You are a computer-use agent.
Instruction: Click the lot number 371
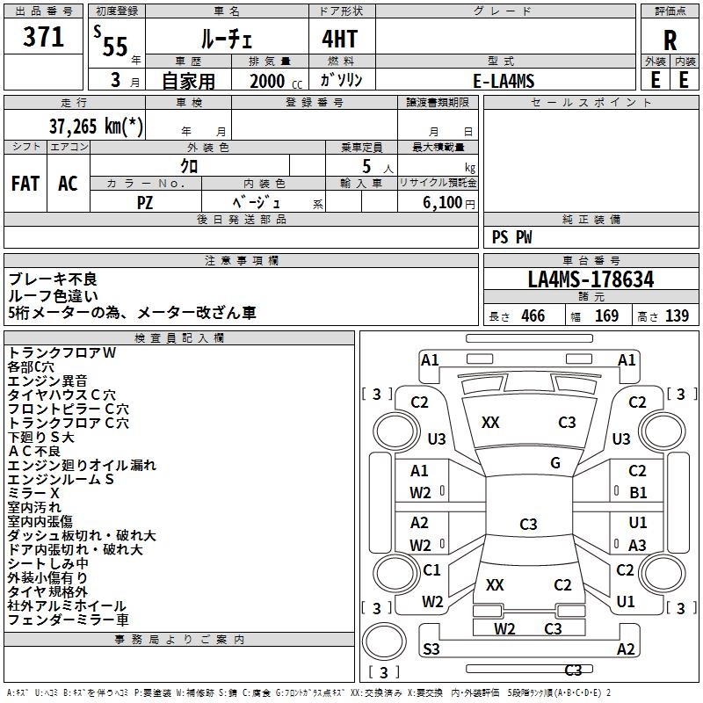(43, 36)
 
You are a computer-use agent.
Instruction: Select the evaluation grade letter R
(670, 40)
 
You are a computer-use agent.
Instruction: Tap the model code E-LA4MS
(504, 81)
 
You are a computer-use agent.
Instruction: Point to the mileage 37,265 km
(96, 126)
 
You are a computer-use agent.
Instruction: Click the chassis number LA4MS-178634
(591, 279)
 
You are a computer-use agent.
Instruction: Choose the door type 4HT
(340, 39)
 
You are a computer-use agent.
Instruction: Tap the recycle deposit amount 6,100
(443, 203)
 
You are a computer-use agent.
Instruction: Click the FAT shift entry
(25, 184)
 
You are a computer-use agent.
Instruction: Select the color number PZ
(145, 203)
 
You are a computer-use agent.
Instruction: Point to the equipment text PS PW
(511, 237)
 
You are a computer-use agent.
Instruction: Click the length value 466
(533, 316)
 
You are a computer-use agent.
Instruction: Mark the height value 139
(677, 316)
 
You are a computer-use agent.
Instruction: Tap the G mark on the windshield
(555, 463)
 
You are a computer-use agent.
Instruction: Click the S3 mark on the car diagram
(431, 649)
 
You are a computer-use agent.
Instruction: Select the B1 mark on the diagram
(638, 493)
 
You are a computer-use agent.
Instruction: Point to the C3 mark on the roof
(528, 524)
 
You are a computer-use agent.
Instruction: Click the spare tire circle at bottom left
(384, 642)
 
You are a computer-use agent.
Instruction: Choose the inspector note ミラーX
(33, 493)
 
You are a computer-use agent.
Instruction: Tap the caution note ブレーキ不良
(53, 279)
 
